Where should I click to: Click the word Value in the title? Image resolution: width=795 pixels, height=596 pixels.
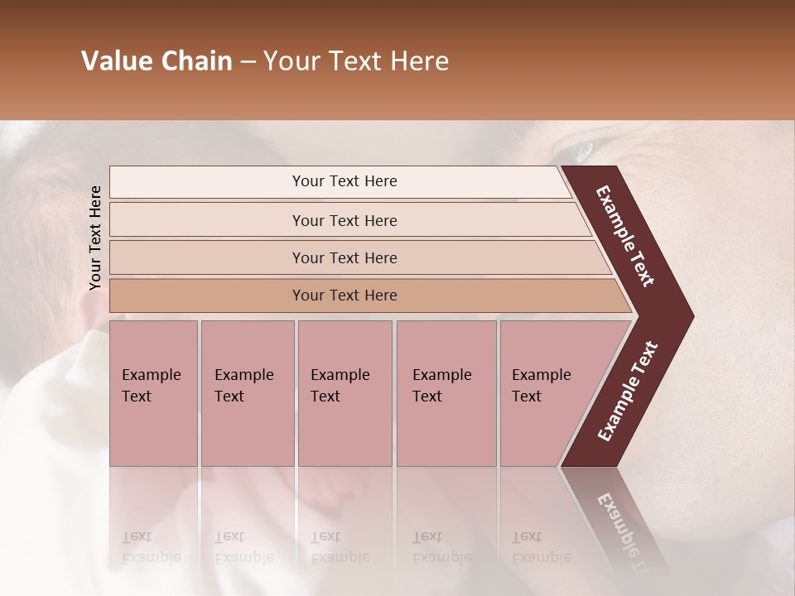[x=113, y=61]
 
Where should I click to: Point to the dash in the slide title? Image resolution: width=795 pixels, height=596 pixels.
[x=248, y=62]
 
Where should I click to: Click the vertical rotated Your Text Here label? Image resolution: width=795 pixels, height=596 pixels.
[x=95, y=238]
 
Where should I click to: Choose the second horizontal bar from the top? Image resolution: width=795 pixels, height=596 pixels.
[x=344, y=220]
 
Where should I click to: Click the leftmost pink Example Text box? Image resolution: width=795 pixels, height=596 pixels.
[x=153, y=392]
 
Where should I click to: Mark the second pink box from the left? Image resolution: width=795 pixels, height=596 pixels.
[x=248, y=392]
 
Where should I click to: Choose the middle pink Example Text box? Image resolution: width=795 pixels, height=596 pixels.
[x=344, y=392]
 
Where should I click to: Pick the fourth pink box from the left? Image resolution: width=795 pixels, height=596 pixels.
[x=446, y=392]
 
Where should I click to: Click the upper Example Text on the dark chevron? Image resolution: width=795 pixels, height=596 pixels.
[x=626, y=236]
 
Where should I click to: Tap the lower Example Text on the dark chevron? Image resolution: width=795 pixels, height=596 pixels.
[x=628, y=391]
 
